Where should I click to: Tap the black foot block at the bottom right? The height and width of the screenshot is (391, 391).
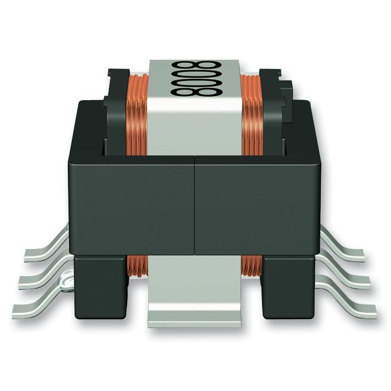click(x=289, y=286)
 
